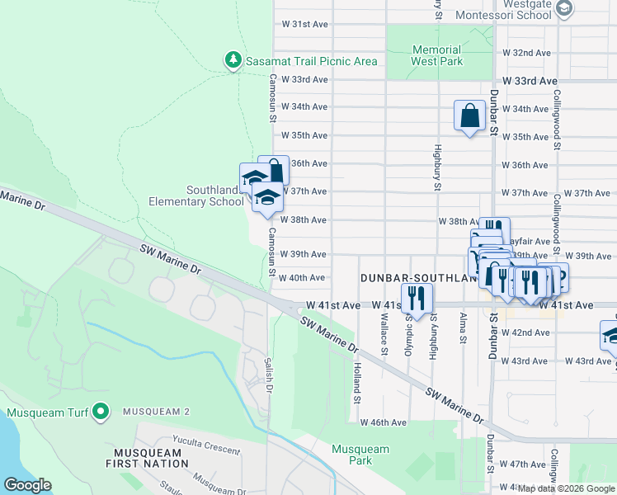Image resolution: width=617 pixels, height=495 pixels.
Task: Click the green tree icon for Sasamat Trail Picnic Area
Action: point(233,60)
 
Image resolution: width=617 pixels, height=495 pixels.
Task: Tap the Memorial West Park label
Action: point(436,55)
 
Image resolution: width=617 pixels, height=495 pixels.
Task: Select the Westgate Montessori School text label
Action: point(503,9)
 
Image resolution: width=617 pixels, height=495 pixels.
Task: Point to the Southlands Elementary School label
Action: point(196,196)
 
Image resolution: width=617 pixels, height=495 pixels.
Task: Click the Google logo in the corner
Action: point(28,485)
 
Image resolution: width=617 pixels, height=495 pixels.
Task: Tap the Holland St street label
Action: point(357,383)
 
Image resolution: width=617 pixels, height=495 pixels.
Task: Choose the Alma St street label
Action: point(463,328)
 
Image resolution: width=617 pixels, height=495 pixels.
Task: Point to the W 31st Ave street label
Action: point(304,25)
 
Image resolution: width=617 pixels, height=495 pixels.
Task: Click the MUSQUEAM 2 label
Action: point(157,412)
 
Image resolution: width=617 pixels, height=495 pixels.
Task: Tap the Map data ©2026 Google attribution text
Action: point(566,488)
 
